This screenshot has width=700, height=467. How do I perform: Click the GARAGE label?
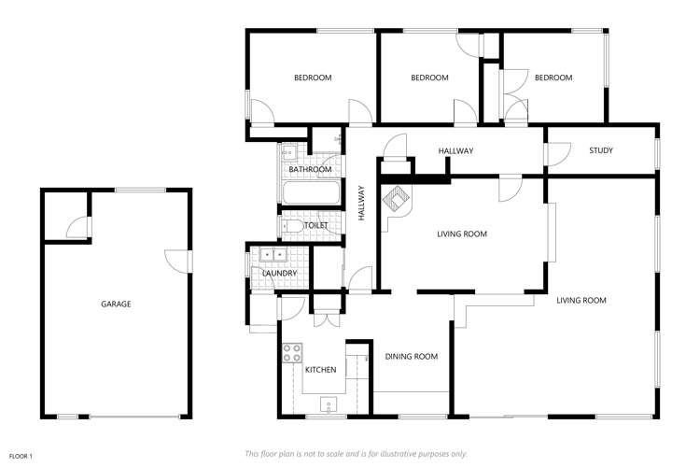(116, 304)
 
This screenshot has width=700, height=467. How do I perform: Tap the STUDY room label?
(600, 150)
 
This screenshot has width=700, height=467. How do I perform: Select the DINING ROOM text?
(412, 356)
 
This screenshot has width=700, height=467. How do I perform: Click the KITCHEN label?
(320, 370)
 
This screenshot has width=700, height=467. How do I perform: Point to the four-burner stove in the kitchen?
(292, 353)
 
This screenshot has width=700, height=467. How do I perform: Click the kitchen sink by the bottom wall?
(328, 403)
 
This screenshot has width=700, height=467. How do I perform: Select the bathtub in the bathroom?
(310, 195)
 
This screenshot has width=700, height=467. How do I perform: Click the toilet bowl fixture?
(291, 226)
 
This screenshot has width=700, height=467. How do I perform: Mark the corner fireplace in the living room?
(397, 199)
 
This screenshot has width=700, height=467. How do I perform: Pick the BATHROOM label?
(310, 169)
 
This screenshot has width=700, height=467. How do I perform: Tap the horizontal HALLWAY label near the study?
(456, 150)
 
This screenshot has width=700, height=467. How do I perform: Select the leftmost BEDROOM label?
(313, 78)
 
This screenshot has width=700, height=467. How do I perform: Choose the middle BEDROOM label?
(430, 78)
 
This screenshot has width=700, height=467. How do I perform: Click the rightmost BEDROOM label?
(553, 78)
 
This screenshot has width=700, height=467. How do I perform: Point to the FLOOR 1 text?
(21, 455)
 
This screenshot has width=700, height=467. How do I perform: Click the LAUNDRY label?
(280, 273)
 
